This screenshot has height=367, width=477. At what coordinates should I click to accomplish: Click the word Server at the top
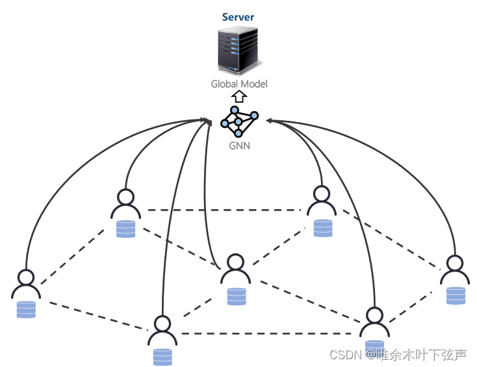pyautogui.click(x=238, y=18)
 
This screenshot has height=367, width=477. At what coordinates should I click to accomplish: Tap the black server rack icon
pyautogui.click(x=238, y=51)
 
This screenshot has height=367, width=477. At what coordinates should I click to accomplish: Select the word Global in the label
pyautogui.click(x=224, y=84)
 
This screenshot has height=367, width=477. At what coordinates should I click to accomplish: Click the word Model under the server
pyautogui.click(x=253, y=84)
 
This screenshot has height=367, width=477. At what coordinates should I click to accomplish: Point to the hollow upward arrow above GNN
pyautogui.click(x=239, y=97)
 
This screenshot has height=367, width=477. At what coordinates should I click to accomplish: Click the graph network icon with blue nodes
pyautogui.click(x=239, y=120)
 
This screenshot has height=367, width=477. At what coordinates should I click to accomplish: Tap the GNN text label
pyautogui.click(x=239, y=146)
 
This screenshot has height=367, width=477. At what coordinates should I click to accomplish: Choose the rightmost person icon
pyautogui.click(x=454, y=270)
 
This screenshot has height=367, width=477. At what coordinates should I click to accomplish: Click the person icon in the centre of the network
pyautogui.click(x=235, y=269)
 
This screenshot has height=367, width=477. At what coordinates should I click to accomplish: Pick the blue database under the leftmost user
pyautogui.click(x=26, y=309)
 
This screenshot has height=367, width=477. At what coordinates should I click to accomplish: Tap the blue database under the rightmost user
pyautogui.click(x=456, y=296)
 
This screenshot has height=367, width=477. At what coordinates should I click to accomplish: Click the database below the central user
pyautogui.click(x=237, y=296)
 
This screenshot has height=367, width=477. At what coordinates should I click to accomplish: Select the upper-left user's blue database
pyautogui.click(x=125, y=229)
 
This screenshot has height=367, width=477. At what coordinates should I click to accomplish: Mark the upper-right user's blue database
pyautogui.click(x=322, y=227)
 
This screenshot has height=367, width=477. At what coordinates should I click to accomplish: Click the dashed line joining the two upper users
pyautogui.click(x=224, y=210)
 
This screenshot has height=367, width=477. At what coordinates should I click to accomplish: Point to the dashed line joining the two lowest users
pyautogui.click(x=266, y=333)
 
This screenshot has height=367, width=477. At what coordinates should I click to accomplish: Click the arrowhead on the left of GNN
pyautogui.click(x=207, y=120)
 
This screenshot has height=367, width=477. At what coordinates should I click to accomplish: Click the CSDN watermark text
pyautogui.click(x=344, y=355)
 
